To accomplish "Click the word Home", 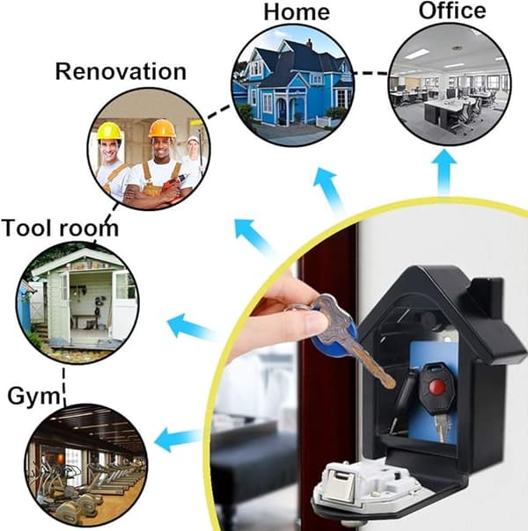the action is point(297,12).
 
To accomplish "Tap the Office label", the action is point(452,11).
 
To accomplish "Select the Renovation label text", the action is point(121,71).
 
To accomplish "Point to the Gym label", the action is point(33,396).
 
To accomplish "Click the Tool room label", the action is point(60,228).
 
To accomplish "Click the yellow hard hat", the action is point(109,131).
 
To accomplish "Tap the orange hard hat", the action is point(162,128).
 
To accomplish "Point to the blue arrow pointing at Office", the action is point(444,171).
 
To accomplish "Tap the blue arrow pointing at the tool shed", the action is point(192,326).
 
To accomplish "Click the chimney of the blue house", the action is point(308,43).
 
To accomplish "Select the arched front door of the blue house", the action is point(282,111).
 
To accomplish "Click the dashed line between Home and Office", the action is point(370,73).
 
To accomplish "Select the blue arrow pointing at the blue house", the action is point(328,188).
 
